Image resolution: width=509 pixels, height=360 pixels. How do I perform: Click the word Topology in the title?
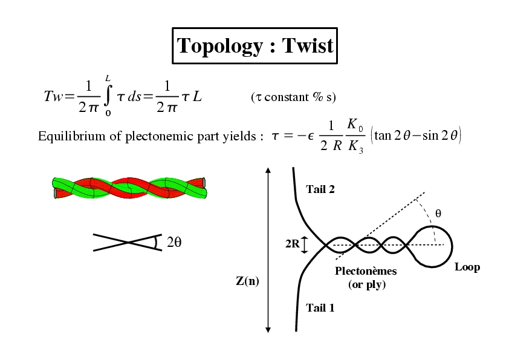219,46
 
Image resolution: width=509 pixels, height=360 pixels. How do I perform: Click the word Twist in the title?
308,45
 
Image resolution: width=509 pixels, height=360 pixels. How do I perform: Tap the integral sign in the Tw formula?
108,96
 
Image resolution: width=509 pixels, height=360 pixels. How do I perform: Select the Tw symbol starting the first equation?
53,96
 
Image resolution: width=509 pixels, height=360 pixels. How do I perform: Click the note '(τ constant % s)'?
293,97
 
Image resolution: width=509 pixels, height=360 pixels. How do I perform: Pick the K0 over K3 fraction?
355,136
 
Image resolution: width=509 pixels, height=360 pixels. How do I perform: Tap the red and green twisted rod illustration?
129,188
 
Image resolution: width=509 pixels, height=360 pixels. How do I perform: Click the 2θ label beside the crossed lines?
174,242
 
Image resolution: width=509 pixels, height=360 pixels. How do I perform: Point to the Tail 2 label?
320,189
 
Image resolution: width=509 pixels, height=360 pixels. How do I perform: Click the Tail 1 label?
320,308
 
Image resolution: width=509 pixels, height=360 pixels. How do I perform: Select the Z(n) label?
247,281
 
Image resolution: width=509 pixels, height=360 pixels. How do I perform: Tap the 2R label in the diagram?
293,244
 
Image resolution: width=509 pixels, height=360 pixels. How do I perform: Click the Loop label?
467,267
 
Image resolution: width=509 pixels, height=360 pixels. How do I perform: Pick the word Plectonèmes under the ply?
366,271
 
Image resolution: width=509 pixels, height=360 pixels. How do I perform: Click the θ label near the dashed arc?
438,214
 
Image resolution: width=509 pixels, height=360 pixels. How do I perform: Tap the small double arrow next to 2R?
304,245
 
